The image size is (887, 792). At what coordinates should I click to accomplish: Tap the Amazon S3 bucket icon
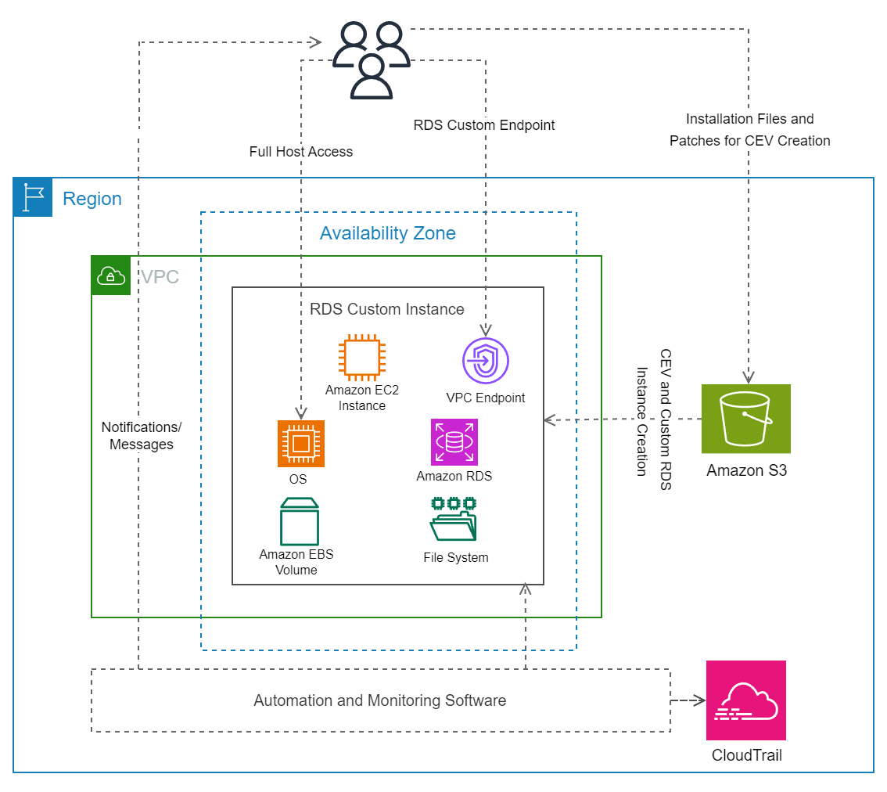pos(745,419)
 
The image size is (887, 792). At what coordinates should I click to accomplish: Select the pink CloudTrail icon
pos(745,700)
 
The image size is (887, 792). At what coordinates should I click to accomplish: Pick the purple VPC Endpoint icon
pos(485,362)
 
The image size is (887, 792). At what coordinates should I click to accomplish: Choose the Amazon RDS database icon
pos(454,442)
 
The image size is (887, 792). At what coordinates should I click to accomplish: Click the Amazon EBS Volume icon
pos(299,521)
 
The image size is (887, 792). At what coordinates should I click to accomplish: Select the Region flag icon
pos(33,197)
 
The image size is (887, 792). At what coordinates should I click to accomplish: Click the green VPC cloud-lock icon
pos(111,275)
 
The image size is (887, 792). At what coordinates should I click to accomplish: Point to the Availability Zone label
pos(387,233)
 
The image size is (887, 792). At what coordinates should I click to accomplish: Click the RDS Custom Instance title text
pos(387,309)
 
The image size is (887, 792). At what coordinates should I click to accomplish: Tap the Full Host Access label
pos(301,152)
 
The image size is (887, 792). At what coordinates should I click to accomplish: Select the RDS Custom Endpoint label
pos(484,125)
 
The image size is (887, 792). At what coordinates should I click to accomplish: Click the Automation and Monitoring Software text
pos(379,700)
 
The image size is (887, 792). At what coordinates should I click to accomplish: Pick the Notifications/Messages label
pos(142,436)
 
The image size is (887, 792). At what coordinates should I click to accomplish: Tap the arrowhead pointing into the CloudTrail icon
pos(700,700)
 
